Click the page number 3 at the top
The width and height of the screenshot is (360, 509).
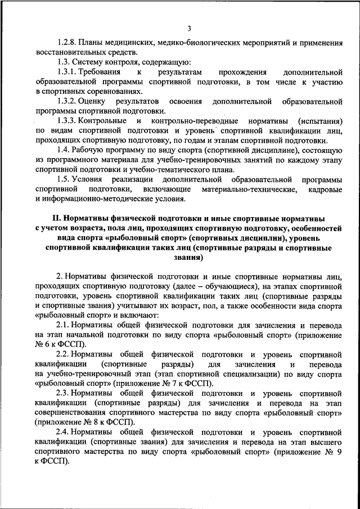point(190,29)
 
